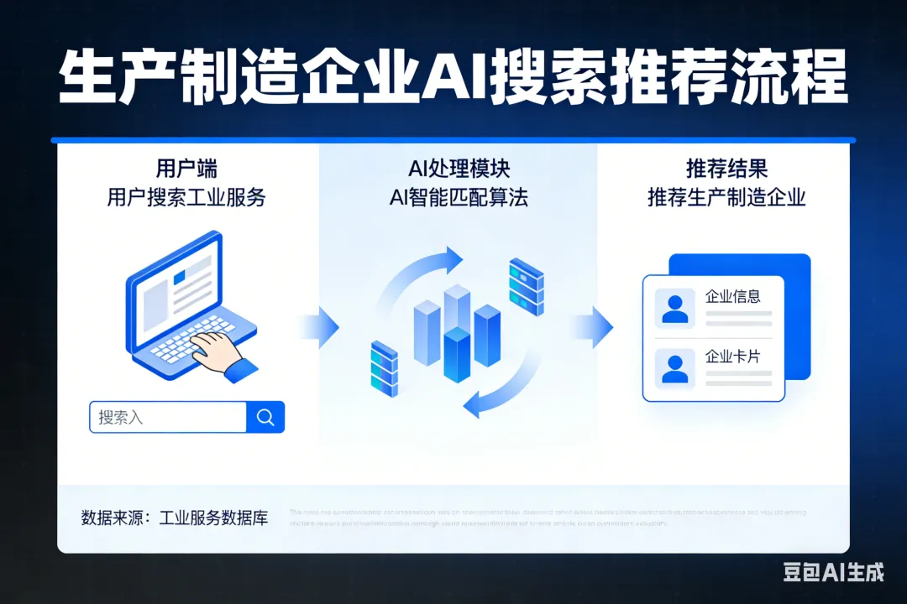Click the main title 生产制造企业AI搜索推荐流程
click(x=453, y=77)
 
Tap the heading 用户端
click(x=186, y=168)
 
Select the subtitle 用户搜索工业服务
click(x=186, y=198)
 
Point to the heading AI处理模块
click(x=459, y=168)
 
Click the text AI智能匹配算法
click(x=459, y=198)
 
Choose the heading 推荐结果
click(x=726, y=168)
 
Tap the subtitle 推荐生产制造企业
click(x=726, y=198)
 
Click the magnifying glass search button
click(x=265, y=417)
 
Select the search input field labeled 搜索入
click(x=168, y=417)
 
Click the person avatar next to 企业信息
click(x=674, y=308)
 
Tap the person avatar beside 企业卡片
click(x=674, y=368)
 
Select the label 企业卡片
click(x=732, y=357)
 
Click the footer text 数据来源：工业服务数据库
click(x=175, y=517)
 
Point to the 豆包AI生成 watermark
click(x=833, y=573)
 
